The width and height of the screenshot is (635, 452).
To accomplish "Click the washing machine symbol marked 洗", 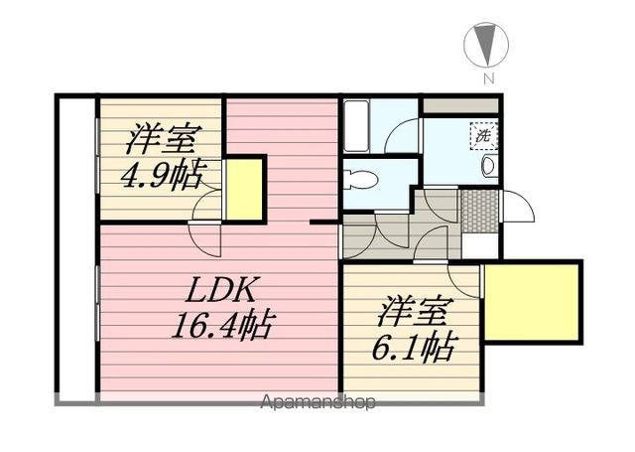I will coord(483,136).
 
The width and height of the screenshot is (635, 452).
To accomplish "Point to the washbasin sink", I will coord(489,165).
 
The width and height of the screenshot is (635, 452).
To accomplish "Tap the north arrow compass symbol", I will coord(487,45).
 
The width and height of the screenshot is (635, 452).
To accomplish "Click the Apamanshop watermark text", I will coord(317,402).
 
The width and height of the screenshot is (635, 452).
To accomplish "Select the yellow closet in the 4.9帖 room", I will coord(245,189).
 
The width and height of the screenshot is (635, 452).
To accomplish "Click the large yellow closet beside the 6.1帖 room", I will coord(531,300).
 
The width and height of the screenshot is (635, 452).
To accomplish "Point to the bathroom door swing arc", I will coord(402,136).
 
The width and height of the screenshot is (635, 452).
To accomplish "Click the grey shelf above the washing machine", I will coord(460,106).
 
